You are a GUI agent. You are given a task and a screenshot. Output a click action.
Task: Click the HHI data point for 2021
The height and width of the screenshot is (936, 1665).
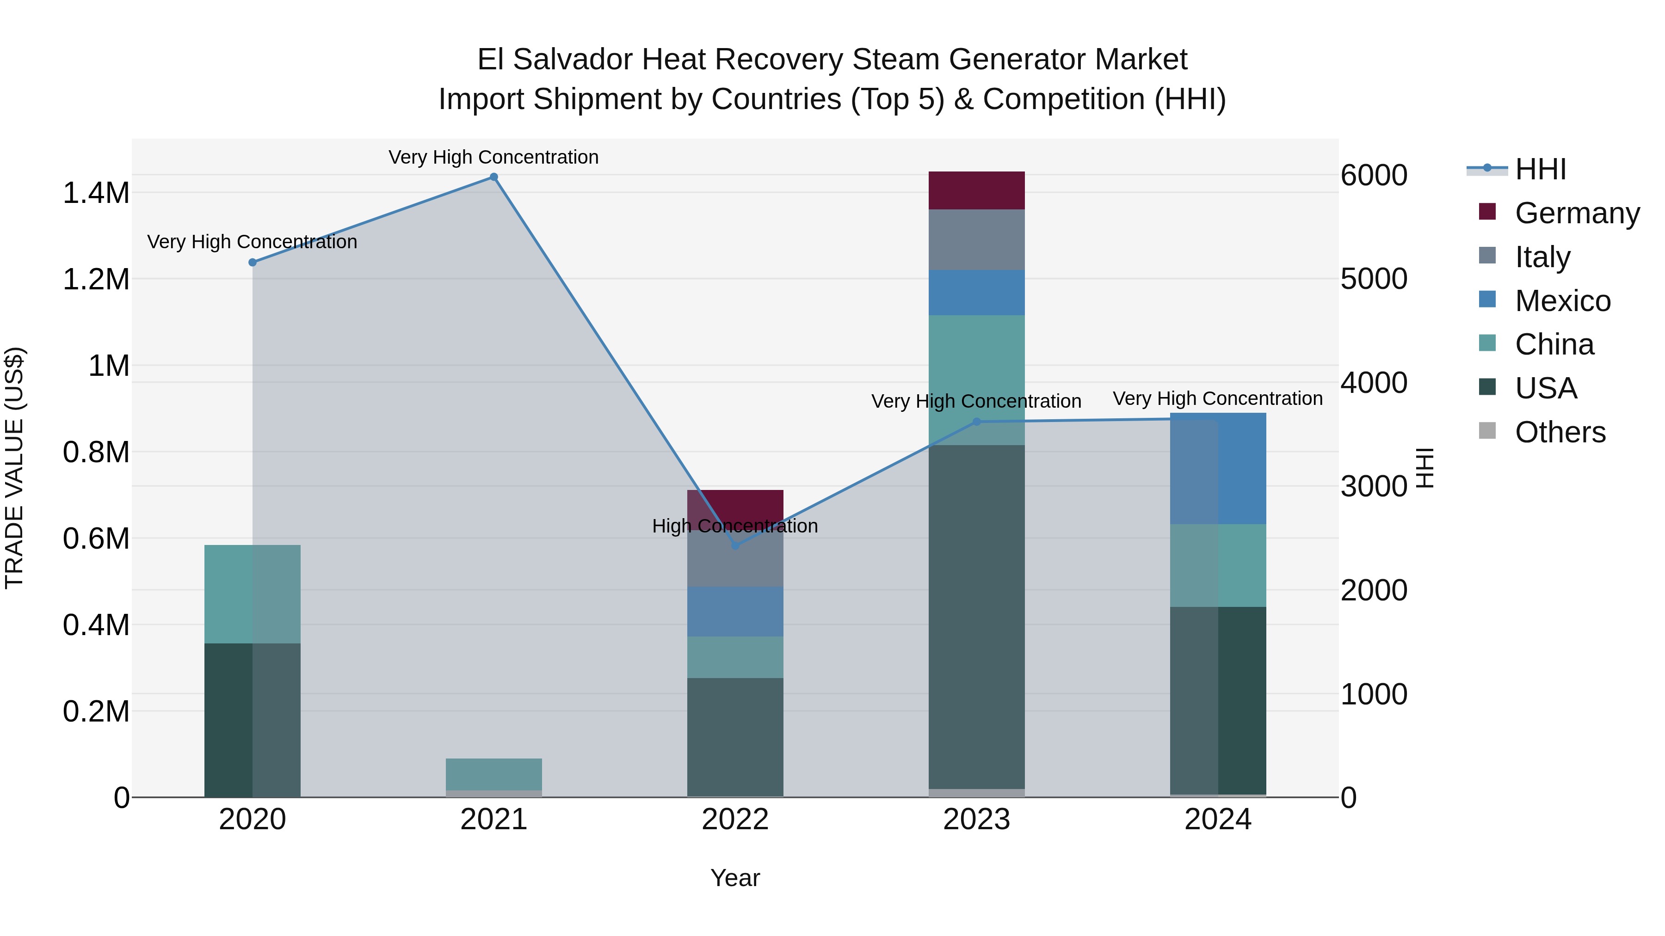tap(494, 177)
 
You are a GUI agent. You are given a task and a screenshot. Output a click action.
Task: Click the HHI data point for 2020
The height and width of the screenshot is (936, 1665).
tap(253, 262)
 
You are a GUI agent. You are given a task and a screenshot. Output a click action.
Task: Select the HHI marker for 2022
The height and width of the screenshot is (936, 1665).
tap(735, 546)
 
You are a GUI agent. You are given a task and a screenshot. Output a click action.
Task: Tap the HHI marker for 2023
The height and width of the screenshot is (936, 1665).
tap(977, 422)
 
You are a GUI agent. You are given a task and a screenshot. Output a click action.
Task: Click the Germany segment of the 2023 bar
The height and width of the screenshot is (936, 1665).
tap(977, 190)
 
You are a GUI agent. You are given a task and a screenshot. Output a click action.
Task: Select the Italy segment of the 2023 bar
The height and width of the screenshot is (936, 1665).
tap(977, 239)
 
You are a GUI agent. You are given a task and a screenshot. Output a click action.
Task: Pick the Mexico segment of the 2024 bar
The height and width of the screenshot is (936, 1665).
tap(1218, 468)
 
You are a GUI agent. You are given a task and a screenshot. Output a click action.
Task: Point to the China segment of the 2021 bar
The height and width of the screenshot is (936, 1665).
tap(494, 774)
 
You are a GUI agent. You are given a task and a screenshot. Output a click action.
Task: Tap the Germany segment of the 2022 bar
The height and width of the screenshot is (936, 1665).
tap(735, 504)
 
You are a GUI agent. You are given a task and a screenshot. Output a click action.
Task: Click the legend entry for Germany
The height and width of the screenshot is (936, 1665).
tap(1577, 213)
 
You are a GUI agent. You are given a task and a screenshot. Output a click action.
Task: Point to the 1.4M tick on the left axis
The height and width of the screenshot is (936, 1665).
tap(96, 193)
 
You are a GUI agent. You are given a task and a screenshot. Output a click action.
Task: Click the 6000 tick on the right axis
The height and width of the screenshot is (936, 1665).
tap(1374, 175)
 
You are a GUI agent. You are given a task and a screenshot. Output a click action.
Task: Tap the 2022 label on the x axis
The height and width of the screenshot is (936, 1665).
tap(735, 820)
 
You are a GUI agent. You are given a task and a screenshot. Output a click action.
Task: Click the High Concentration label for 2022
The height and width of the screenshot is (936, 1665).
tap(735, 526)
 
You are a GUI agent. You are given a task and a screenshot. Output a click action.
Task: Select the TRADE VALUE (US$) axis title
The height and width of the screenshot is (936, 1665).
tap(14, 468)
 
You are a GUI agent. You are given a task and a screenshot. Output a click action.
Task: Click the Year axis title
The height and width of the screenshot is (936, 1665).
tap(735, 878)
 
